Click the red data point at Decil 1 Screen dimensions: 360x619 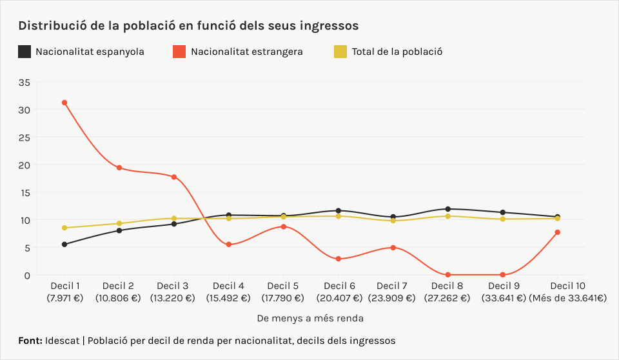64,103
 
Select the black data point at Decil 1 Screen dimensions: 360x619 64,245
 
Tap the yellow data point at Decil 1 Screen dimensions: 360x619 64,228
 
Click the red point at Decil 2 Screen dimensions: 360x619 119,168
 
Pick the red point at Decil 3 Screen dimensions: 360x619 174,177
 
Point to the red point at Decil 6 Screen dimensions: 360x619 339,259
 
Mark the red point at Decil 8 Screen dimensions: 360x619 448,275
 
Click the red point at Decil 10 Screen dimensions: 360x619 557,232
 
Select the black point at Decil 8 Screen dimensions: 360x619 448,209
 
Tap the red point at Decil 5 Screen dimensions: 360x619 284,226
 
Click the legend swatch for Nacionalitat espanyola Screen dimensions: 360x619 25,52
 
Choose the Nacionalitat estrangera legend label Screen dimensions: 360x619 246,52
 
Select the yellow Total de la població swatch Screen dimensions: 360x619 340,52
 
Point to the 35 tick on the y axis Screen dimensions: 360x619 25,82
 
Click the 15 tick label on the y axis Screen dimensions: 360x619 25,192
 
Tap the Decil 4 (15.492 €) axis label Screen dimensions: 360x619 228,292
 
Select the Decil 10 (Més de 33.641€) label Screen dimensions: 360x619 567,292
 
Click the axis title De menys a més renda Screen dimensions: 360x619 310,318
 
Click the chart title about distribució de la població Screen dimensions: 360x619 188,26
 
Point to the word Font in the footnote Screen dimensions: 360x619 30,340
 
